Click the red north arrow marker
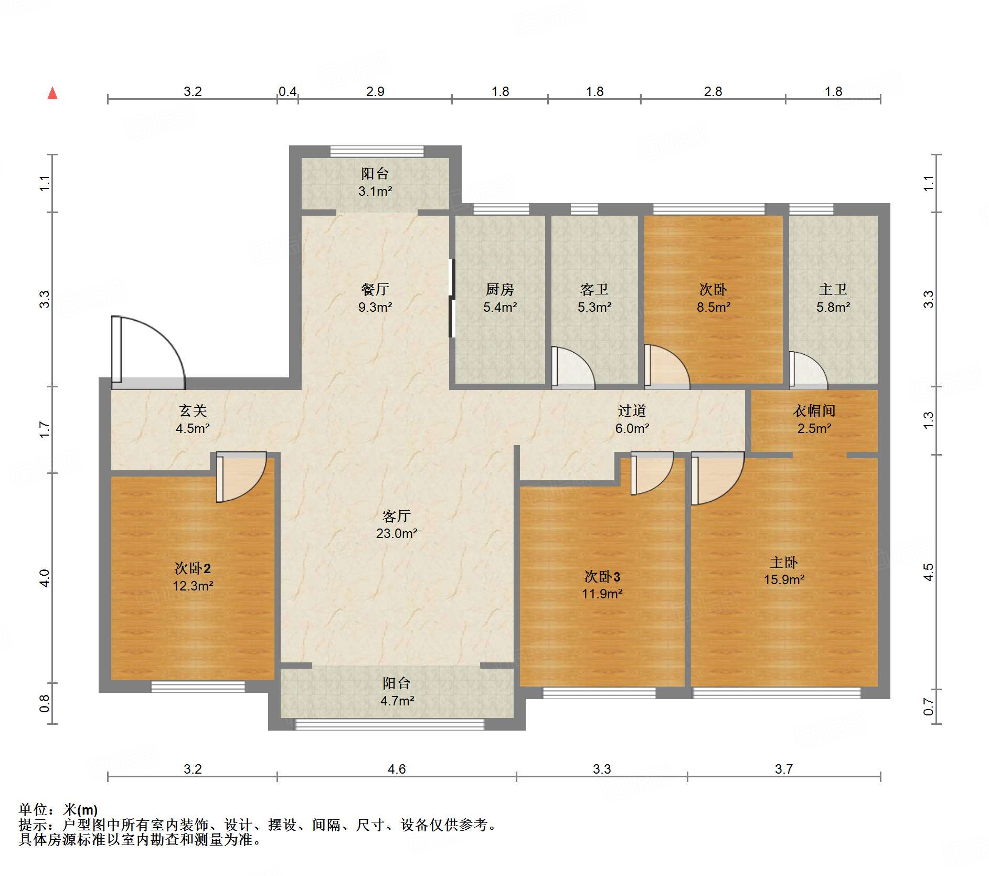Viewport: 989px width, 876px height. pos(52,93)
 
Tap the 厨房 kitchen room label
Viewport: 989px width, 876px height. pos(499,289)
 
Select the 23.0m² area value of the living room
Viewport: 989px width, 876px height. pos(397,534)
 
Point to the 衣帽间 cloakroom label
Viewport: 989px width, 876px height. pos(814,411)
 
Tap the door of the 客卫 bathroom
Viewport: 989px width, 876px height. pos(573,368)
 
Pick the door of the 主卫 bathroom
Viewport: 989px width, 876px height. pos(809,371)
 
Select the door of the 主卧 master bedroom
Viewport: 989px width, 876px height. pos(717,478)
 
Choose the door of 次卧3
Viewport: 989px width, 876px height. pos(652,473)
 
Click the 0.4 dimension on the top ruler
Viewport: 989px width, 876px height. pos(288,92)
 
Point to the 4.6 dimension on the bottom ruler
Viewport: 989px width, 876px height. pos(397,769)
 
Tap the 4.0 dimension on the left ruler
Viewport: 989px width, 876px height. pos(45,578)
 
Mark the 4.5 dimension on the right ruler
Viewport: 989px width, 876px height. pos(929,572)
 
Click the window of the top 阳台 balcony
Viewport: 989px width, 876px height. pos(377,151)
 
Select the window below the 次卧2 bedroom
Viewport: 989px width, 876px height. pos(198,687)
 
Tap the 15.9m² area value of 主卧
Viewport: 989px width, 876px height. pos(784,580)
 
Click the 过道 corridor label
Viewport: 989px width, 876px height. pos(632,411)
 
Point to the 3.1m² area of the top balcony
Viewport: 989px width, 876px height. pos(375,192)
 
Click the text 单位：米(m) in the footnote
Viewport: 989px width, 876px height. pos(58,810)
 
